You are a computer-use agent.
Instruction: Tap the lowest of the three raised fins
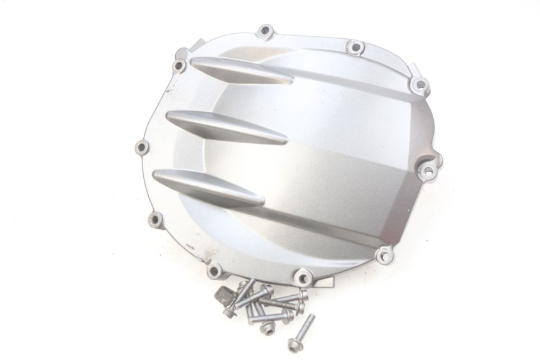(207, 187)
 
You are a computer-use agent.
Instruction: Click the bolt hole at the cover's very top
(266, 30)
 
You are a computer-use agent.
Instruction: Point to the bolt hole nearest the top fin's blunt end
(179, 65)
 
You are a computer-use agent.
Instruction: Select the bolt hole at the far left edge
(142, 148)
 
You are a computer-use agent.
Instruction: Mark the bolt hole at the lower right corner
(382, 254)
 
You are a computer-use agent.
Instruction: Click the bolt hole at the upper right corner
(419, 84)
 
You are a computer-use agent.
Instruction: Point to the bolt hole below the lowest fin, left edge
(156, 219)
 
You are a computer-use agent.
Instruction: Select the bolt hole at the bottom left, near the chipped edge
(214, 271)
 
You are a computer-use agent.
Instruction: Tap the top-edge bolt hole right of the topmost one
(355, 47)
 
